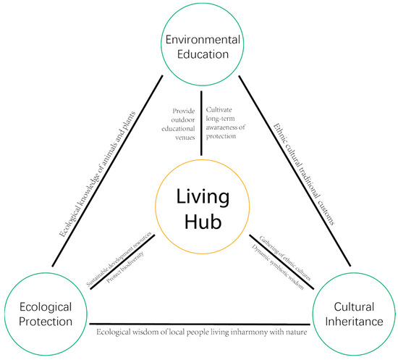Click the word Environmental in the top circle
[203, 40]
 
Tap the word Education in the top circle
[203, 54]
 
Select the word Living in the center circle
[203, 198]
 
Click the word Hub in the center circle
[203, 221]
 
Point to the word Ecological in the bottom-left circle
[46, 308]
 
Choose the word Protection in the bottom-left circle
[46, 322]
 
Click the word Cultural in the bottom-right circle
[354, 306]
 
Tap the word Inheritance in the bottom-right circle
[354, 322]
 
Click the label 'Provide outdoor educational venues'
[179, 124]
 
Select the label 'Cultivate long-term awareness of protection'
[225, 123]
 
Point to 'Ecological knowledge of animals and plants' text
[98, 175]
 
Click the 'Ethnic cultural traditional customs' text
[304, 175]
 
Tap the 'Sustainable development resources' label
[119, 259]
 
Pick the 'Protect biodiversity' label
[125, 267]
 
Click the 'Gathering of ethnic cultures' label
[285, 258]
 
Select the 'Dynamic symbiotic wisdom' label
[278, 267]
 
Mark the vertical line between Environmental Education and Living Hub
[202, 123]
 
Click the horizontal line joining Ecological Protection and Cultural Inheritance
[200, 324]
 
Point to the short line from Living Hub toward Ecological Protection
[122, 261]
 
